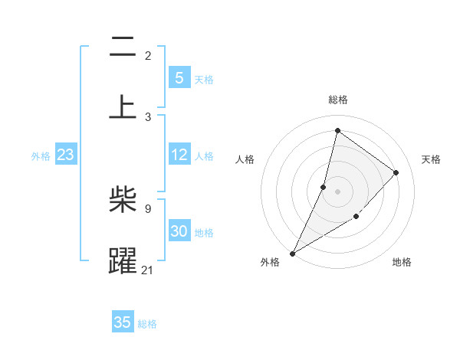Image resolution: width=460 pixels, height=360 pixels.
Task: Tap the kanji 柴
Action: tap(123, 201)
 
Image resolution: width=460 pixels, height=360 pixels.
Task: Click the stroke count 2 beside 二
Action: tap(148, 56)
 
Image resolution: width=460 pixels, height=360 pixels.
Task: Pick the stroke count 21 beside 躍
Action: tap(148, 269)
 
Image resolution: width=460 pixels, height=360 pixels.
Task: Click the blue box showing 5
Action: tap(179, 77)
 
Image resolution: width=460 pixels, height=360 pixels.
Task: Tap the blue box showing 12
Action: tap(179, 155)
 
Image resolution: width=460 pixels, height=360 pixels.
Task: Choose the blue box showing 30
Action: tap(179, 231)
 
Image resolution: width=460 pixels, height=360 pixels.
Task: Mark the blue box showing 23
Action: tap(65, 155)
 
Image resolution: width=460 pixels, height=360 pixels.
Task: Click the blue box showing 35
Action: tap(123, 322)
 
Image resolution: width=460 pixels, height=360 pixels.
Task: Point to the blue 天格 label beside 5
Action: tap(204, 79)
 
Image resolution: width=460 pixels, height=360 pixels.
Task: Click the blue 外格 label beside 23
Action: tap(41, 156)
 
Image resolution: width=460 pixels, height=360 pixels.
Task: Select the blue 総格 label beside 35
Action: tap(147, 324)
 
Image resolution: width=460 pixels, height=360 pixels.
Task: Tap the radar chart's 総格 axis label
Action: tap(337, 100)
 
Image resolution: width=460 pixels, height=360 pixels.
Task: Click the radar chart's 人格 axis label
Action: tap(245, 159)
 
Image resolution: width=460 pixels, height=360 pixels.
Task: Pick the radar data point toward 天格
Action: tap(396, 172)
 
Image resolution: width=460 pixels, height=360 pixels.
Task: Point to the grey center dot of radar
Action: tap(337, 191)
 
